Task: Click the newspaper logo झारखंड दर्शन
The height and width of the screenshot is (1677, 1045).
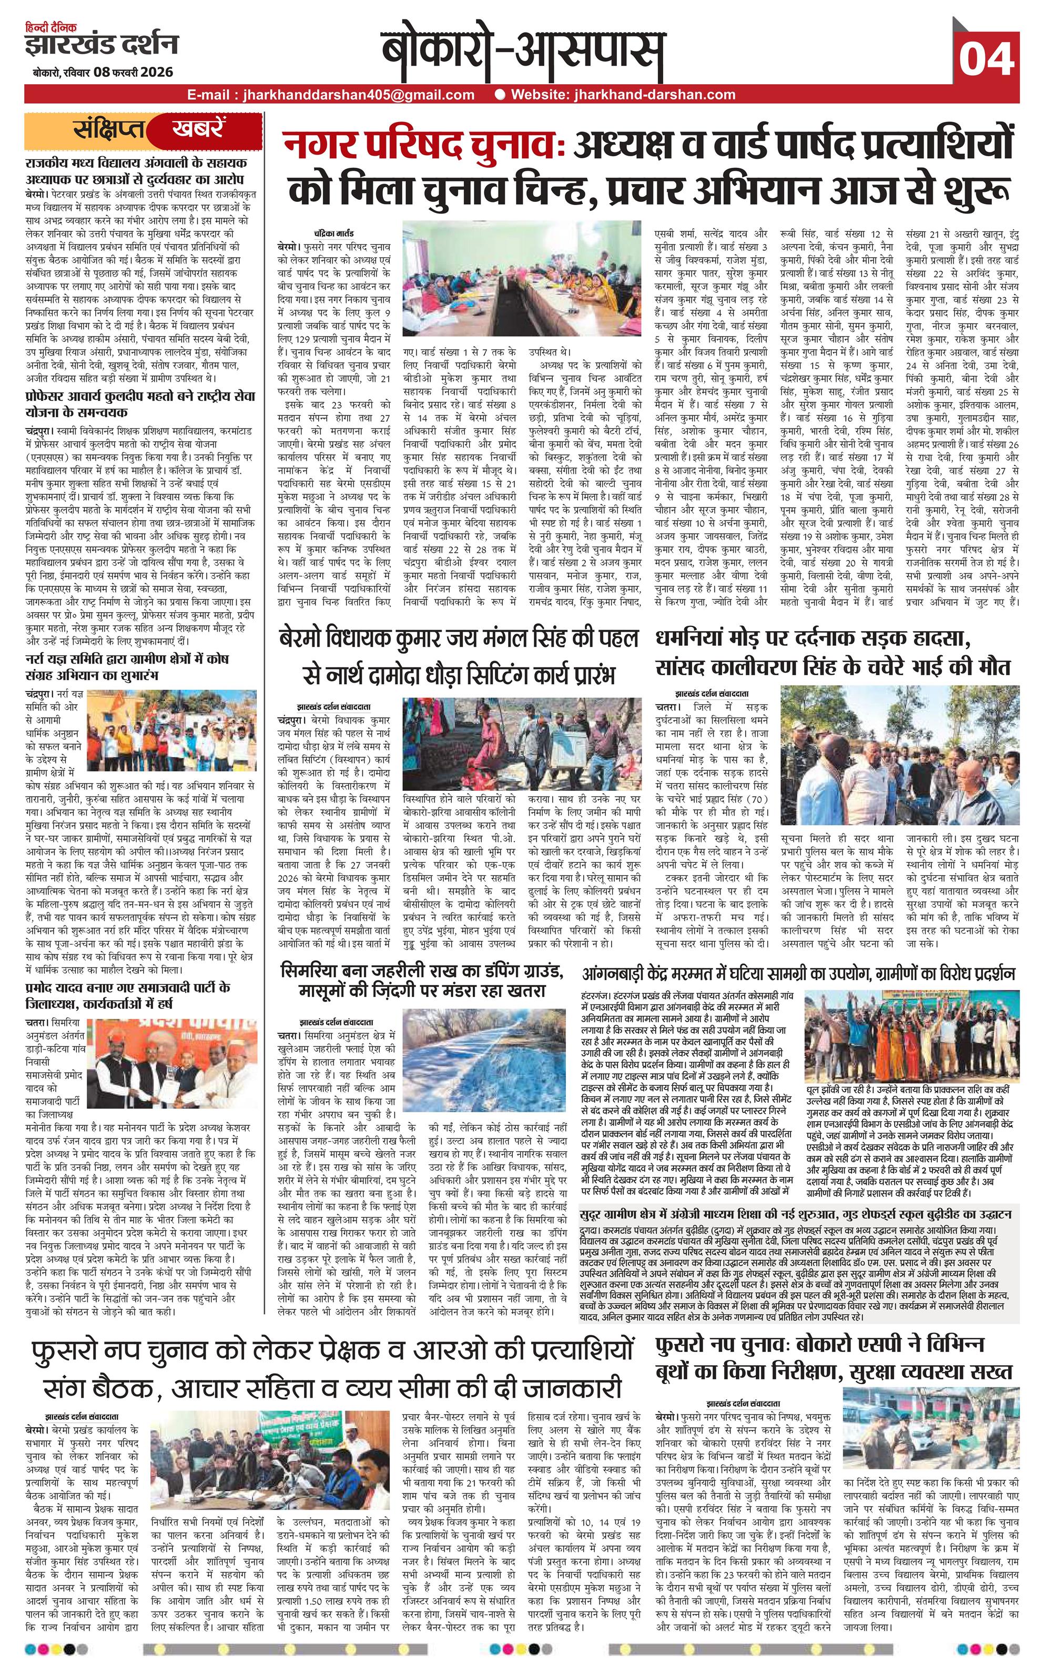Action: coord(101,44)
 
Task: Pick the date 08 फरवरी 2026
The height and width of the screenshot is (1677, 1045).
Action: coord(135,73)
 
